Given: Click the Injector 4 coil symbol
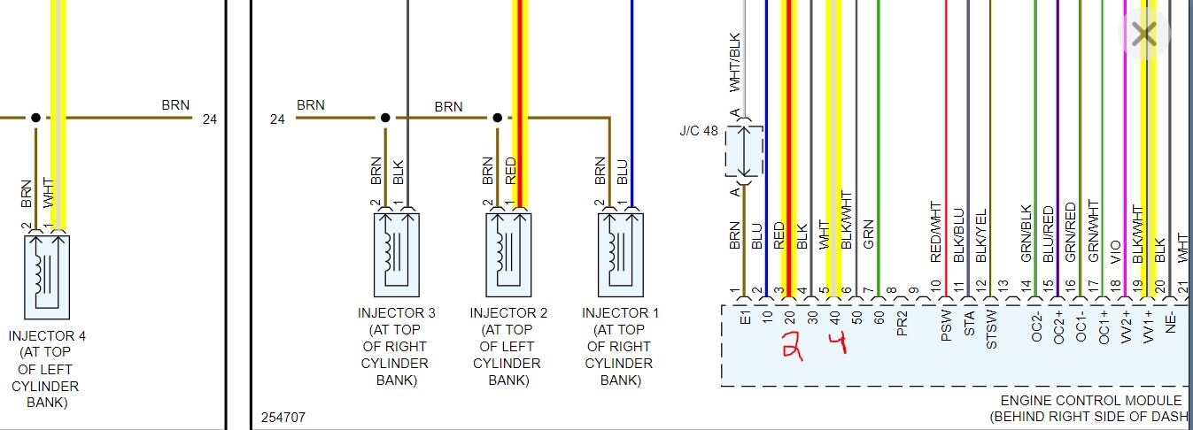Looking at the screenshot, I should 47,276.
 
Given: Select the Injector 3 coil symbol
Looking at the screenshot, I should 397,254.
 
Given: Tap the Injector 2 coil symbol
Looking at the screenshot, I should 508,254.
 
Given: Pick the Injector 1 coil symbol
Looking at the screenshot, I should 620,254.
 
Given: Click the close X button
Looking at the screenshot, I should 1144,34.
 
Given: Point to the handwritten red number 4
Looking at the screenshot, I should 836,342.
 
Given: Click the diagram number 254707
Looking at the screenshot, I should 283,416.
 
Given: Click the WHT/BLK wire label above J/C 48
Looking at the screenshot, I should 734,62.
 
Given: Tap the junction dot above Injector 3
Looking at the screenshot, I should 385,117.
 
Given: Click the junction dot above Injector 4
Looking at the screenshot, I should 35,117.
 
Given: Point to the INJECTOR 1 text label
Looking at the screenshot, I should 620,313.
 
